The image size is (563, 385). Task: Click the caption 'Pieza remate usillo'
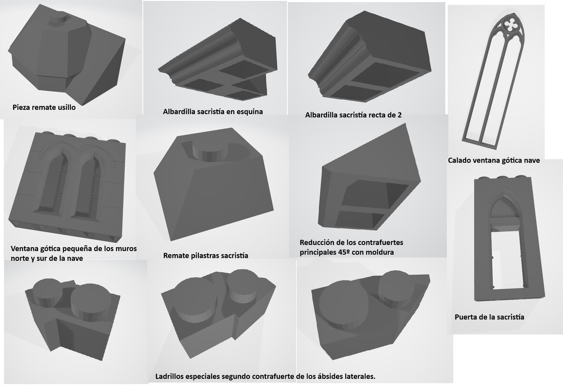pos(44,107)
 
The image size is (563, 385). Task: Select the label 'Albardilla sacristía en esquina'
pos(213,111)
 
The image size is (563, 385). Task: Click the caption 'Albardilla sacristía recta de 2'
pos(353,115)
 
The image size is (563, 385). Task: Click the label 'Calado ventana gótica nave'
pos(494,160)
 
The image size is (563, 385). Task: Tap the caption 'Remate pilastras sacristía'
pos(205,255)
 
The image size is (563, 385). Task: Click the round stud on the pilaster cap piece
pos(210,151)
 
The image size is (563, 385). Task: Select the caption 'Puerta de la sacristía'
pos(490,317)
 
